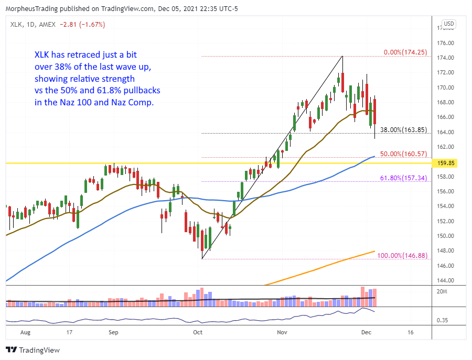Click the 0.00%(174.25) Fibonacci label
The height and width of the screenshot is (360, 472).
(x=404, y=53)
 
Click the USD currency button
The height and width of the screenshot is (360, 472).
(x=449, y=24)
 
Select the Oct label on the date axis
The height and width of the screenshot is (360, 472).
(x=198, y=332)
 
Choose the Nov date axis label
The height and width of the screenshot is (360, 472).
(x=282, y=332)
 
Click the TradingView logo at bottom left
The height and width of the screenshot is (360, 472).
(x=33, y=350)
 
